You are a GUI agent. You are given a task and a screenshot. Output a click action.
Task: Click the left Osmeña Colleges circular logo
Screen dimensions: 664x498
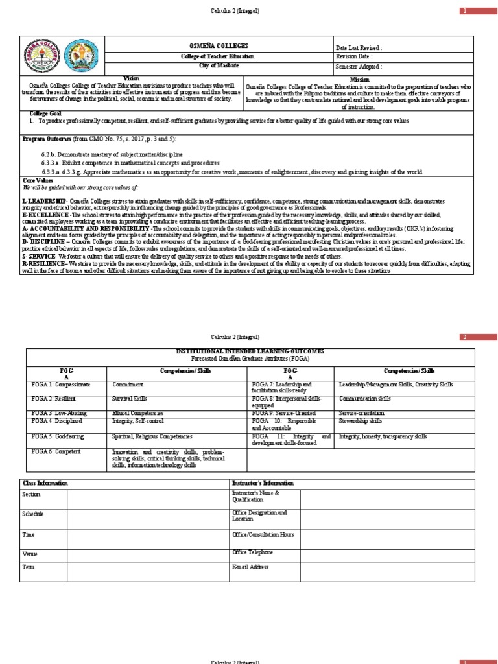(42, 56)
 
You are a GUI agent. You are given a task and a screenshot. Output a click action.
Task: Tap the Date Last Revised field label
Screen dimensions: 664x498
(358, 48)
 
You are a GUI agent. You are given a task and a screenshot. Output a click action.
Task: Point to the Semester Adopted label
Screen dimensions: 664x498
(359, 66)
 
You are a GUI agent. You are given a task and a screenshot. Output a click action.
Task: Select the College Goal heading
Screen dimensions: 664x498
(41, 113)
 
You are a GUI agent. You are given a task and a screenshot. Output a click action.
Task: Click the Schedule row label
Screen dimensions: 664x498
(33, 514)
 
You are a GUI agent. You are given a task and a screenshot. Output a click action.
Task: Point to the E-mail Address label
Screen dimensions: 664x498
(250, 567)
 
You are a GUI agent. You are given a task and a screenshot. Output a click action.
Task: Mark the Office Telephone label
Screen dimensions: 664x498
(252, 552)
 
